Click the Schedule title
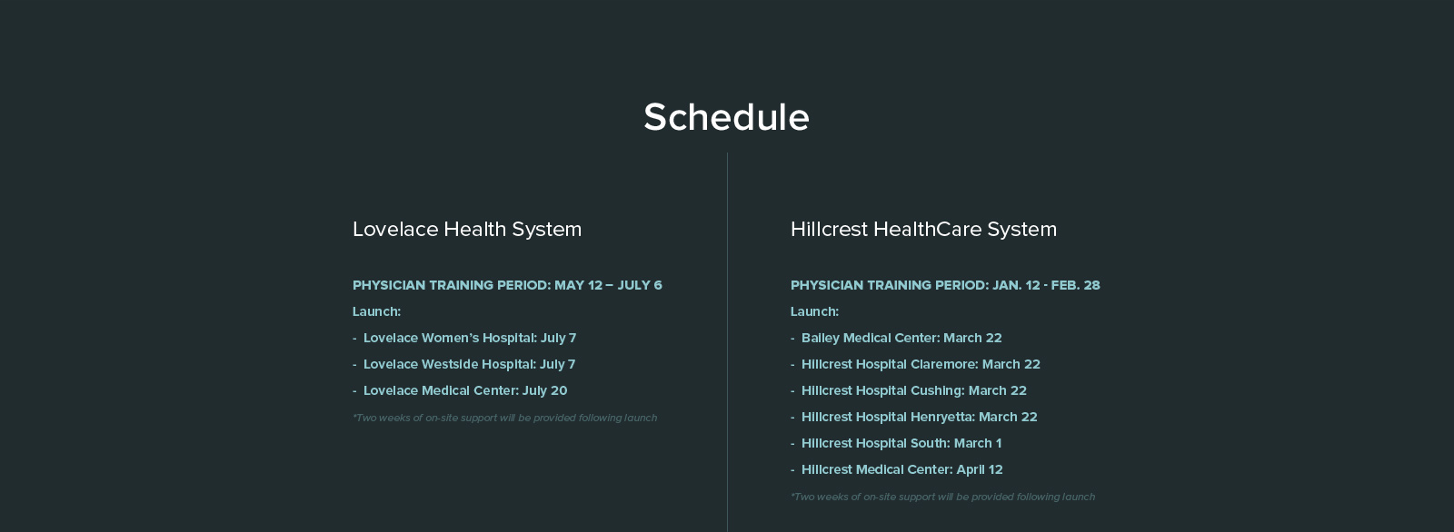click(x=726, y=117)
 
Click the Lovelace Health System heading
click(x=467, y=229)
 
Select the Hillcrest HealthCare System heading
click(x=923, y=229)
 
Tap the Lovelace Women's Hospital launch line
click(x=464, y=338)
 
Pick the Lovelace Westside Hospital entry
click(x=464, y=364)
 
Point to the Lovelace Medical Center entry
click(x=460, y=390)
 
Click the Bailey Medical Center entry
click(x=896, y=338)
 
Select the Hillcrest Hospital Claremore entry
click(x=915, y=364)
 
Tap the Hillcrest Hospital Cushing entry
click(x=909, y=390)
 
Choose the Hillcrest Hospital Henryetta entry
click(x=914, y=417)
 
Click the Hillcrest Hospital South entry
click(x=896, y=443)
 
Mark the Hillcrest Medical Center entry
click(x=896, y=469)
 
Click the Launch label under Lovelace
click(x=376, y=311)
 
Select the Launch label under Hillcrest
click(x=814, y=311)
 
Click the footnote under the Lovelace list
click(x=505, y=418)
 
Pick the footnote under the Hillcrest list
click(x=942, y=497)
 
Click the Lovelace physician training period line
click(x=508, y=285)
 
